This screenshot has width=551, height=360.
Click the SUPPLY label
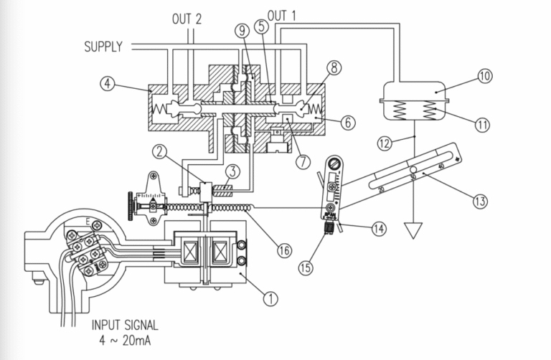103,47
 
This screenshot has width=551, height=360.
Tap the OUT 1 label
282,15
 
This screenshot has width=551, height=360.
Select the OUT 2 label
187,18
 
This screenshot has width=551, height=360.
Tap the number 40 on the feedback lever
440,166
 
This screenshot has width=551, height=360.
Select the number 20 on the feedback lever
381,189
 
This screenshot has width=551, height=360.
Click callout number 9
241,32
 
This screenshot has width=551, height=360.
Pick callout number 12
385,143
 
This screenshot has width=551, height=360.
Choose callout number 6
347,123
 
